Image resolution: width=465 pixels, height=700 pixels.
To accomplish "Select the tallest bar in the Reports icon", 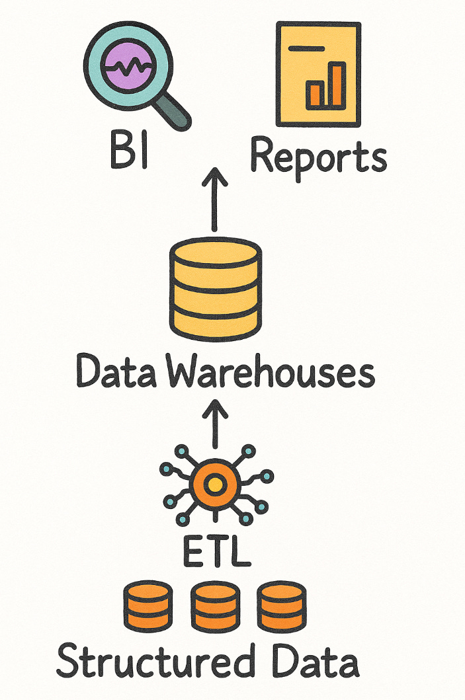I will tap(337, 85).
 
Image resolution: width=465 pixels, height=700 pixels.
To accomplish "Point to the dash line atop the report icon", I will tap(305, 48).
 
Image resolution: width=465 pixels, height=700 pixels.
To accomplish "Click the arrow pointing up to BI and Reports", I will tap(216, 198).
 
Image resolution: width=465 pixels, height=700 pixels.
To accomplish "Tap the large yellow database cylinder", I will tap(215, 288).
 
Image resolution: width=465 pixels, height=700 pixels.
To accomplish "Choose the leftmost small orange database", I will tap(148, 605).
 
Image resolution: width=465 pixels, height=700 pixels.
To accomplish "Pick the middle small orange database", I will tap(214, 605).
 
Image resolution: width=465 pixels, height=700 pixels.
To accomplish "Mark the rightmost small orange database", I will tap(281, 605).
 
